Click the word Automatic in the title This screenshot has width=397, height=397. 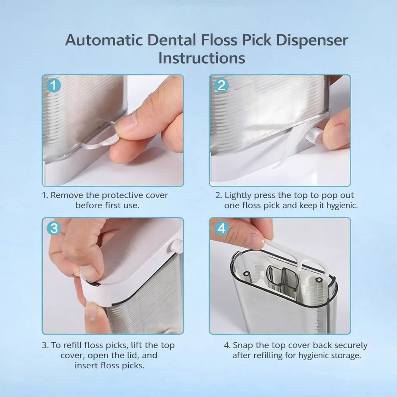104,40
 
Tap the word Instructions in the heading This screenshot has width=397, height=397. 202,58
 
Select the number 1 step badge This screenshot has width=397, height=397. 54,85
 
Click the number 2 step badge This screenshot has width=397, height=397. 221,85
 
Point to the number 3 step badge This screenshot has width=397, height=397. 54,228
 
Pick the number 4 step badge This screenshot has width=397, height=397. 221,228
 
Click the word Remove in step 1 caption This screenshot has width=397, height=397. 67,195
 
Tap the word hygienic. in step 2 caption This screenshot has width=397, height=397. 342,205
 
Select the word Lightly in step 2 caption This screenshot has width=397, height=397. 238,195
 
